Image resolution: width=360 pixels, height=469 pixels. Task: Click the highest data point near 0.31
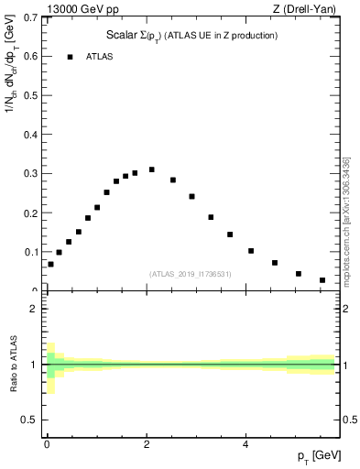click(151, 169)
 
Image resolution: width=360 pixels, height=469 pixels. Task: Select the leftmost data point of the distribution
click(50, 264)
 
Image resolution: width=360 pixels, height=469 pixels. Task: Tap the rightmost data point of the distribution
click(322, 280)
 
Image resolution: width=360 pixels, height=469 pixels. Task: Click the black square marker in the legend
click(70, 57)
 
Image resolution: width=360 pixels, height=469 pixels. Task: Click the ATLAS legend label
click(100, 57)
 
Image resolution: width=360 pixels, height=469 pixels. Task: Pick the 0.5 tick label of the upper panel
click(33, 95)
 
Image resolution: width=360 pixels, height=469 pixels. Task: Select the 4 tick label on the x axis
click(245, 444)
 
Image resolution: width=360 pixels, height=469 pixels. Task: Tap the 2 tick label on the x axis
click(147, 444)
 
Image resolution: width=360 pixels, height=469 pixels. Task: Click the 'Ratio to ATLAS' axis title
click(12, 363)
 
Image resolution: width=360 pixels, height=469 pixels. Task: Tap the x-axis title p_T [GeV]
click(319, 456)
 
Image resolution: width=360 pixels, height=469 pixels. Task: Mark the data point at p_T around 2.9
click(191, 196)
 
